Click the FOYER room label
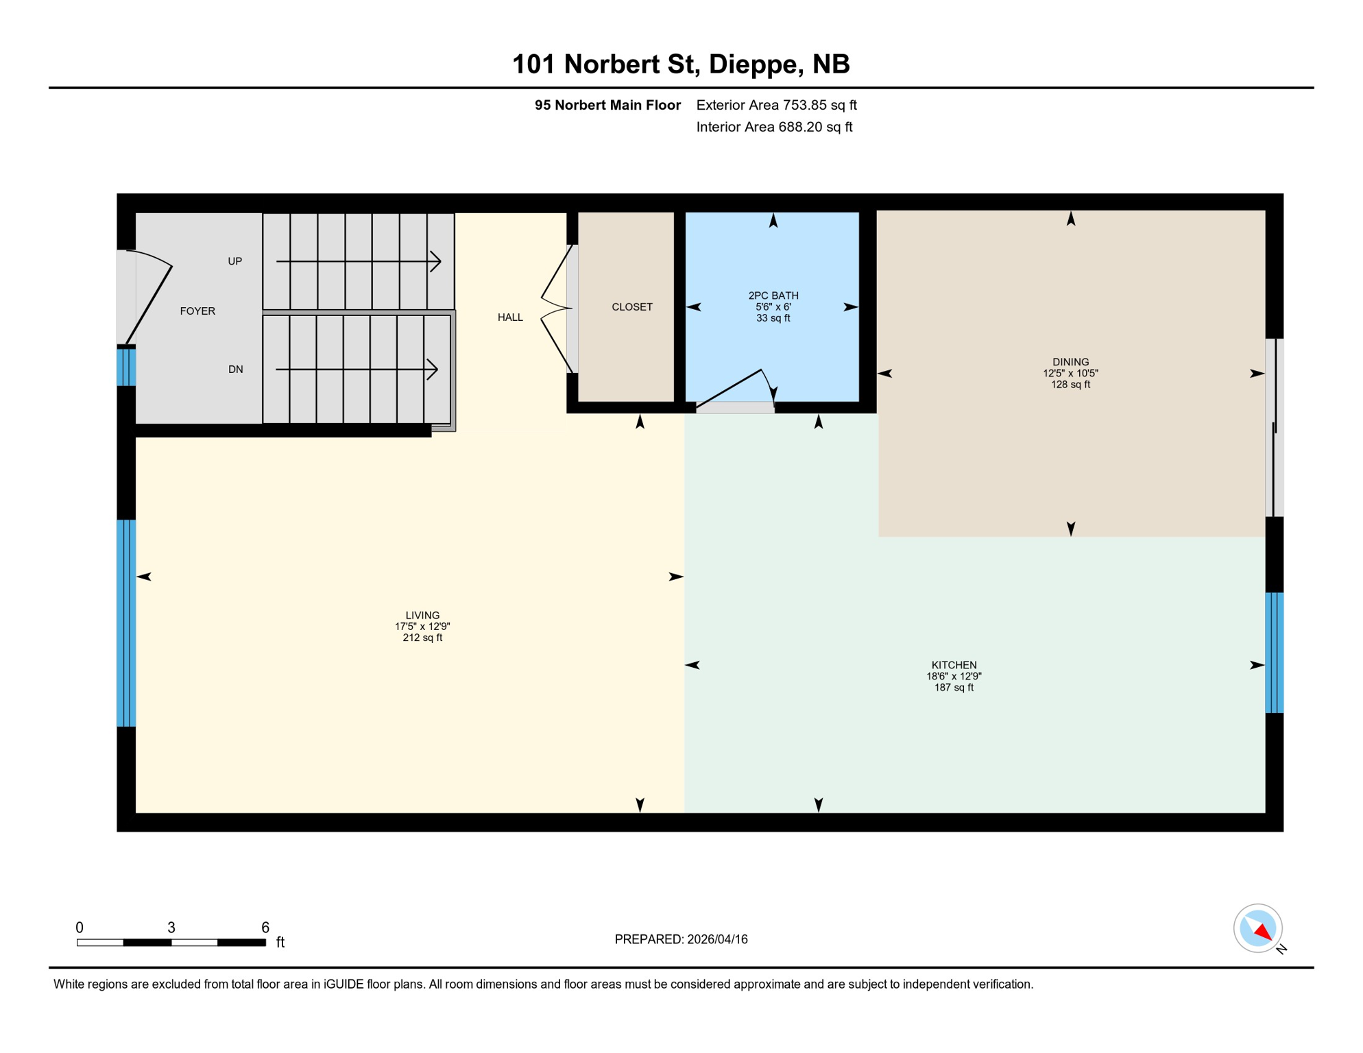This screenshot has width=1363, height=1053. coord(197,311)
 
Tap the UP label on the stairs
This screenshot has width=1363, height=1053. coord(235,261)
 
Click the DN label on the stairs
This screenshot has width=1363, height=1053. coord(235,370)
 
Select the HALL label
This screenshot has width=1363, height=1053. coord(510,317)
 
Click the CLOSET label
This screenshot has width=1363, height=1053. coord(631,307)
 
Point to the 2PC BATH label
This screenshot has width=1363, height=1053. coord(773,295)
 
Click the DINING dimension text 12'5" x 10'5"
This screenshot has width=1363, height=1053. coord(1070,374)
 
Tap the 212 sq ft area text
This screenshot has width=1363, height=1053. coord(422,638)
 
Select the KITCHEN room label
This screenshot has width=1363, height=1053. coord(954,665)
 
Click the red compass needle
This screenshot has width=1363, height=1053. coord(1263,932)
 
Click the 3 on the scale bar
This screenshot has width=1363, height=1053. coord(171,928)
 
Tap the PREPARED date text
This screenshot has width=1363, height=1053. coord(681,940)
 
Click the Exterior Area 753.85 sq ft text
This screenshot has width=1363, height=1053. coord(776,105)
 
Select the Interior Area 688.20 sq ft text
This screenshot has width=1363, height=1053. coord(774,127)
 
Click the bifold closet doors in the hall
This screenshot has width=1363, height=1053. coord(557,308)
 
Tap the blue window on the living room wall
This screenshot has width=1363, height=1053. coord(126,623)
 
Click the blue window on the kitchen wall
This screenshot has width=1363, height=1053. coord(1274,653)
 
